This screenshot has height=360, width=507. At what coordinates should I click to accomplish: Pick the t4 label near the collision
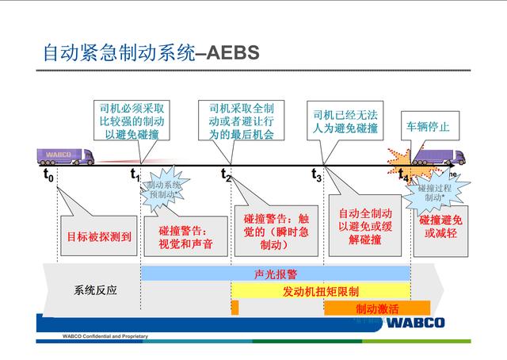click(403, 174)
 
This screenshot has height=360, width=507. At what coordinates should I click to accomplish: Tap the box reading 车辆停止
click(428, 126)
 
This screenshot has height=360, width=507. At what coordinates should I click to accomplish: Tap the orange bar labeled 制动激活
click(376, 308)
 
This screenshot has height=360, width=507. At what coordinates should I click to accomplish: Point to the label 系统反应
click(95, 289)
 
